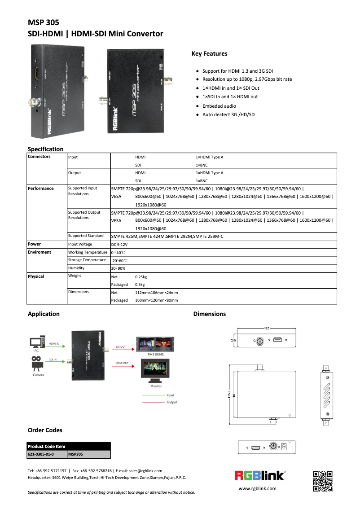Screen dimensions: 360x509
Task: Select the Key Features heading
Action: pyautogui.click(x=209, y=54)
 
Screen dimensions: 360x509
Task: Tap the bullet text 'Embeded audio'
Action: pyautogui.click(x=219, y=106)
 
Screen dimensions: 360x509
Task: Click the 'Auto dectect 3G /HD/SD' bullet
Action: pyautogui.click(x=228, y=115)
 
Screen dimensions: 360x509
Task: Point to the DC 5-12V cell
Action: pyautogui.click(x=119, y=244)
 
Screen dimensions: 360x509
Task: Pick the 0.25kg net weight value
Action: pyautogui.click(x=141, y=277)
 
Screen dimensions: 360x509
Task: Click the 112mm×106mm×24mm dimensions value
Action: pyautogui.click(x=157, y=292)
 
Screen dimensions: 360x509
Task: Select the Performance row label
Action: pyautogui.click(x=41, y=189)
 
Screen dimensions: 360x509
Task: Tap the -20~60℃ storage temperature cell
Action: pyautogui.click(x=119, y=260)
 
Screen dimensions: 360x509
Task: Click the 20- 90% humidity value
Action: pyautogui.click(x=118, y=268)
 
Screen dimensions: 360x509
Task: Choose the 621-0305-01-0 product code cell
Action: pyautogui.click(x=41, y=454)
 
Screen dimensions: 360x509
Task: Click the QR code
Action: pyautogui.click(x=323, y=481)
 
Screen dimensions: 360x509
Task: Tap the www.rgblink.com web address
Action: pyautogui.click(x=257, y=488)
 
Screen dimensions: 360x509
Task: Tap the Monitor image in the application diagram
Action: pyautogui.click(x=156, y=372)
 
